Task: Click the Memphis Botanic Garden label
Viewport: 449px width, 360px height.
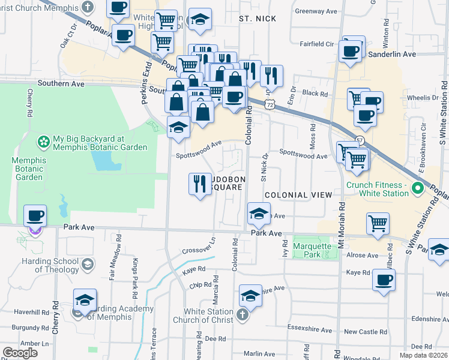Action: [28, 169]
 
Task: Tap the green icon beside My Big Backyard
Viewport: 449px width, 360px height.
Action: [44, 142]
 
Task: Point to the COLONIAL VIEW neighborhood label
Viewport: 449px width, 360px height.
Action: [298, 195]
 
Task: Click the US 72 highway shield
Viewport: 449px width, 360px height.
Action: [271, 104]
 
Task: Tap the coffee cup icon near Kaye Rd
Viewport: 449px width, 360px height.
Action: [384, 280]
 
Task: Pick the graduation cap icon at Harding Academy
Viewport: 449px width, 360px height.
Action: [85, 300]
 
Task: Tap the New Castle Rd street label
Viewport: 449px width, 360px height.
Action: [361, 332]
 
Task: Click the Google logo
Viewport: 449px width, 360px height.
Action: [20, 353]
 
